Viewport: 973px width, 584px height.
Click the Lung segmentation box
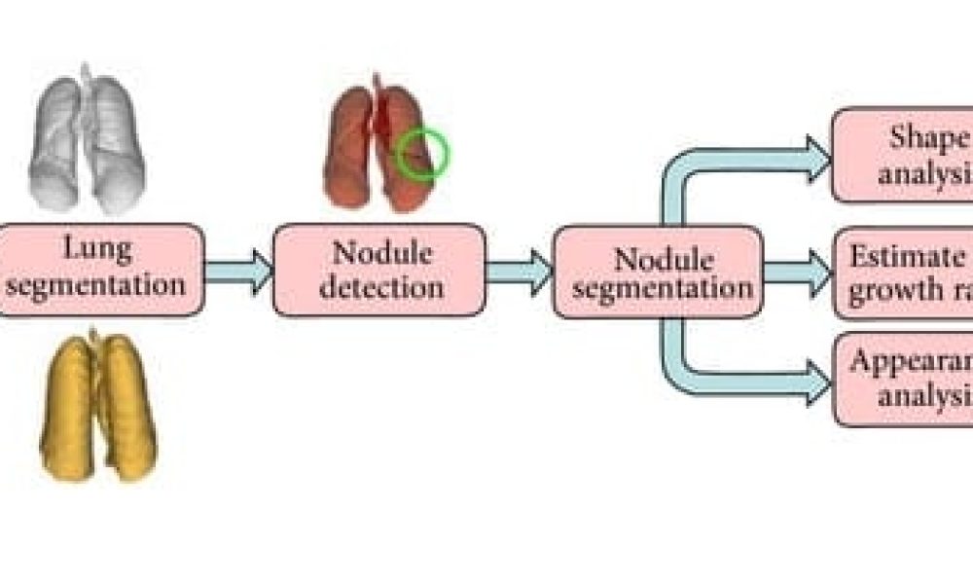(x=102, y=270)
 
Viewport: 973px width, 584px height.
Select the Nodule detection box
(x=378, y=270)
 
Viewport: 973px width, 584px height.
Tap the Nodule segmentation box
(x=657, y=272)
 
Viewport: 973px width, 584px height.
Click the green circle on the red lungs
(x=421, y=155)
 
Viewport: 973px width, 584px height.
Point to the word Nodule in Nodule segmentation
(x=659, y=258)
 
